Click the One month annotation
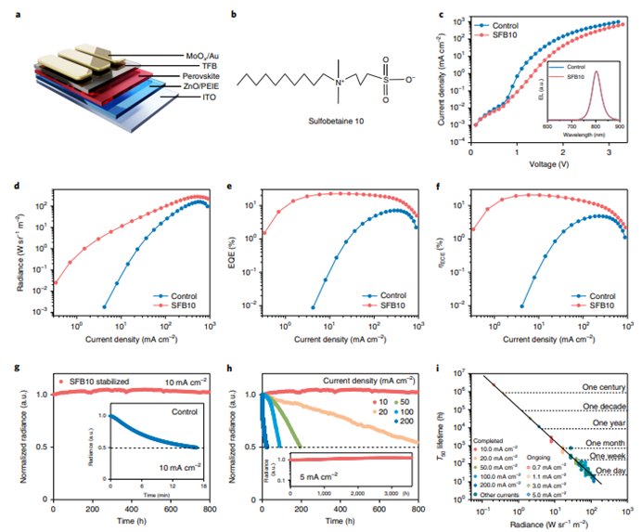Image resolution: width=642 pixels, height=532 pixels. tap(607, 444)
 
